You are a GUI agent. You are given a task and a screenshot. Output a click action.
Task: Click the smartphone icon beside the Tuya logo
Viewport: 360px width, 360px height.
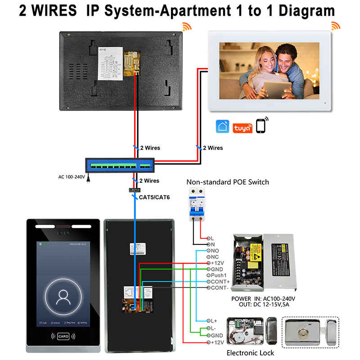pos(261,126)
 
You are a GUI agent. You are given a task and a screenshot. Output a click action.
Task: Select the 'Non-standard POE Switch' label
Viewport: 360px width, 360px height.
pos(228,182)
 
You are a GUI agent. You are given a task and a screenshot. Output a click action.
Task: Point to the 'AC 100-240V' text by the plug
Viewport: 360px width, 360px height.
pos(71,177)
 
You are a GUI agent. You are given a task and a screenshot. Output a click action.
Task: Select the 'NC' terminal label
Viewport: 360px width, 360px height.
pos(215,256)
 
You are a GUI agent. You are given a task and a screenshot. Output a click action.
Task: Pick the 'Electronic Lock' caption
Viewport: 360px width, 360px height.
pos(250,353)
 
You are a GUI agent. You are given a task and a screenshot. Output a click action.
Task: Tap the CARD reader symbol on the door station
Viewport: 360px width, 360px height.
pos(63,336)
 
